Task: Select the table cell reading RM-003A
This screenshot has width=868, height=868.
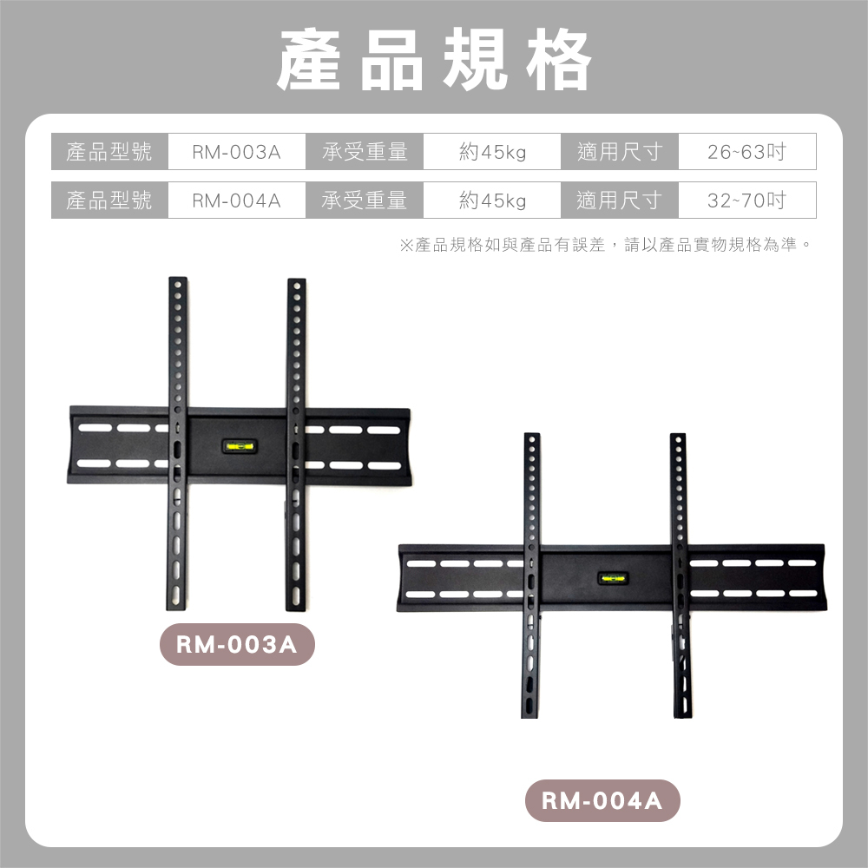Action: [236, 152]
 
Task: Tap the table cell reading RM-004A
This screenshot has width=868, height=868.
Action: [236, 201]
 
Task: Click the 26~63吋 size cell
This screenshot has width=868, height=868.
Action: [746, 152]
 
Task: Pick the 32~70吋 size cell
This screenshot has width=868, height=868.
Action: [746, 201]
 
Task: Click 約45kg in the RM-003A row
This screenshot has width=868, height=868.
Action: [492, 152]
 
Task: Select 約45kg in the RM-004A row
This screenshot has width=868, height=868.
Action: [492, 201]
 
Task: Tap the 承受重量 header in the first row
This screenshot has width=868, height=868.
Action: [365, 152]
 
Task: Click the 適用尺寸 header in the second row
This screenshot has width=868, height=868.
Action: [620, 201]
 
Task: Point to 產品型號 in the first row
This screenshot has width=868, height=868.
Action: [109, 152]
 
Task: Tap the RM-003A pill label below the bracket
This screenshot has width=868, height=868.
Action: [237, 645]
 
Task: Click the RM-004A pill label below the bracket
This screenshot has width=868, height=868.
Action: [602, 801]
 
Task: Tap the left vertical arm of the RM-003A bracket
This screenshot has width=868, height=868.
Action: [178, 365]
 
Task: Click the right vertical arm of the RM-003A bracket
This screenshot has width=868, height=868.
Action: [297, 365]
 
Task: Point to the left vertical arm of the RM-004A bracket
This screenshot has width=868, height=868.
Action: [531, 495]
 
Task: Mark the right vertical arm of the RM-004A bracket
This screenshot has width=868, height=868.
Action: [678, 495]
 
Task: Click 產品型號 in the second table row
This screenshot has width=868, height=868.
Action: [109, 201]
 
